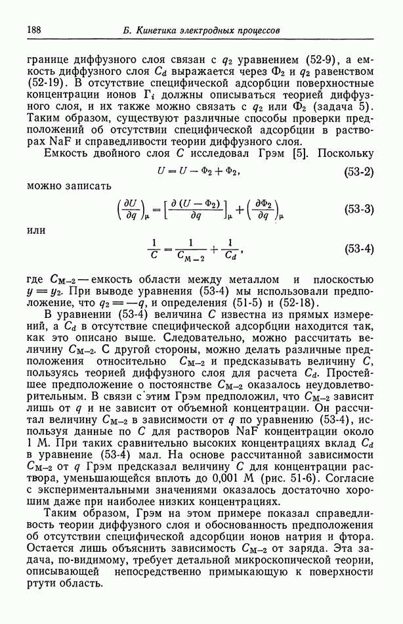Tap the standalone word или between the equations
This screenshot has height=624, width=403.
tap(36, 230)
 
